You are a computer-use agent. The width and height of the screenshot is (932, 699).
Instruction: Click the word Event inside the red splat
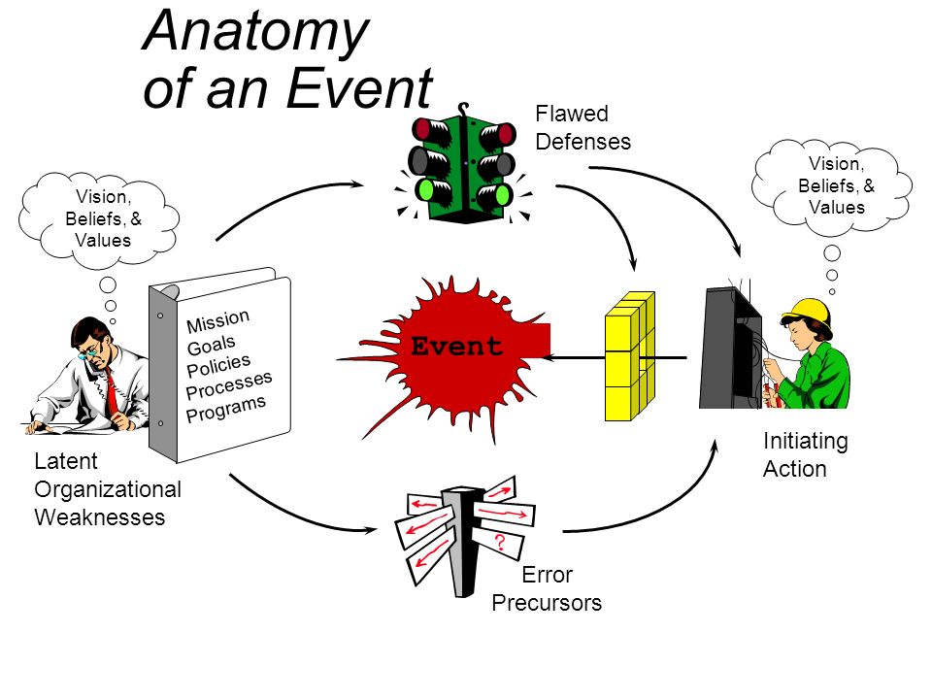(456, 346)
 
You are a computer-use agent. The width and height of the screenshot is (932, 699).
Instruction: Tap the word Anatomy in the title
(255, 33)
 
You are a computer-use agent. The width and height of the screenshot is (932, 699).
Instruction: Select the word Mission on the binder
(217, 321)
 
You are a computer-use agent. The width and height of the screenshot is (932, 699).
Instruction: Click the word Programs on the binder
(226, 409)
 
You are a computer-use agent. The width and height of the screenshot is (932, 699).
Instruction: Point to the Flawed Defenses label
(582, 127)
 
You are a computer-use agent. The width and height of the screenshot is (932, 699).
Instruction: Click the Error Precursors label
(547, 589)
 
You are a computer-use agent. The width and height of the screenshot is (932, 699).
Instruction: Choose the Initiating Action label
(806, 454)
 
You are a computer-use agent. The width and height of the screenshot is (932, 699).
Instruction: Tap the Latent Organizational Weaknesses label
(108, 488)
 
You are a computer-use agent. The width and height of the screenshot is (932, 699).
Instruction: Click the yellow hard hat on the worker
(809, 312)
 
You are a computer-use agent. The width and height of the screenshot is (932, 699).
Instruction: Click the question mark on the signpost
(500, 542)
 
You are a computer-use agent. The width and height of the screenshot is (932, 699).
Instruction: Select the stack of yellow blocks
(629, 356)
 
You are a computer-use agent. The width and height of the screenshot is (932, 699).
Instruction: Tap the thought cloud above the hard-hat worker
(832, 184)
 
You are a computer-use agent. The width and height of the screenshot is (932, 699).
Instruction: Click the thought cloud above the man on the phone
(99, 218)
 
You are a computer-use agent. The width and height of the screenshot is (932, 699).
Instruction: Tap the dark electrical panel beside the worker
(730, 348)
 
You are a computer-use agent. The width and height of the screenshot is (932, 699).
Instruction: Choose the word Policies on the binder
(218, 365)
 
